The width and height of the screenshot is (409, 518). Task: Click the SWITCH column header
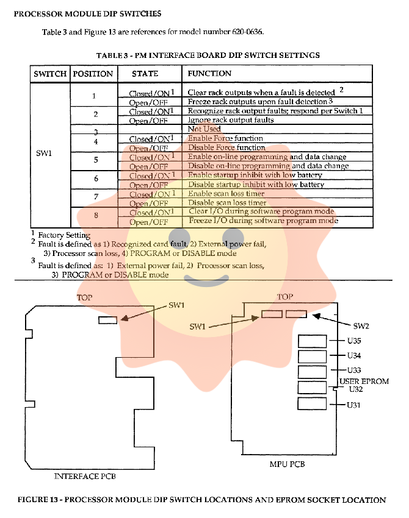point(50,74)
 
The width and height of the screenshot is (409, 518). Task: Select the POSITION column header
point(93,74)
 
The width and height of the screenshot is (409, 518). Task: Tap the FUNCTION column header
point(209,73)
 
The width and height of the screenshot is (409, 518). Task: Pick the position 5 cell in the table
point(95,160)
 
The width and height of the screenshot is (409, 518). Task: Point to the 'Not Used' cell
point(204,129)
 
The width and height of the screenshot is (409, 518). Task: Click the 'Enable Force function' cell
point(226,138)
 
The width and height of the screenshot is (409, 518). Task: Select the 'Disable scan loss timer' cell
point(226,203)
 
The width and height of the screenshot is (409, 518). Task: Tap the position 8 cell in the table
point(95,216)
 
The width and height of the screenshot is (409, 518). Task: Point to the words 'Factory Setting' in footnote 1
point(64,235)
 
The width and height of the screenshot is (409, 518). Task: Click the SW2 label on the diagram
point(361,325)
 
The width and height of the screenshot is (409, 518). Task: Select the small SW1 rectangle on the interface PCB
point(107,319)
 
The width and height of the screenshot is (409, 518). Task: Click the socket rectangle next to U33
point(312,372)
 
